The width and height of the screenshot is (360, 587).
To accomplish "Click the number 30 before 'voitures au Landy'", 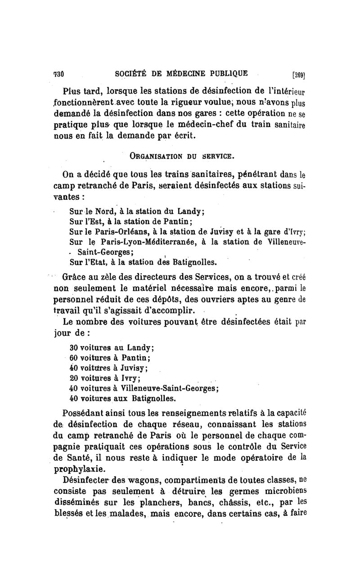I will [75, 348].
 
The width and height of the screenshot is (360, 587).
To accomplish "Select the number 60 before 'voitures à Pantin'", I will [75, 358].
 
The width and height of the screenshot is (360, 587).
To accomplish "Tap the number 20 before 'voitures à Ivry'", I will [75, 378].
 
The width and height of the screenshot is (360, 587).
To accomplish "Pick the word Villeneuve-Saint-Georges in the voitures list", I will [173, 388].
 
